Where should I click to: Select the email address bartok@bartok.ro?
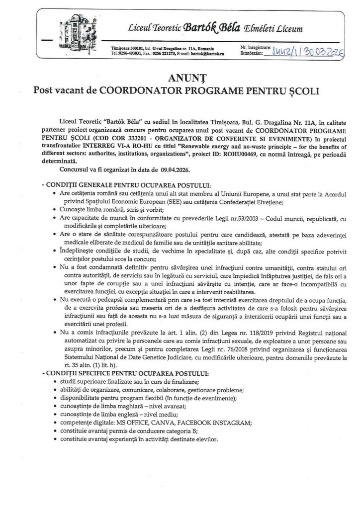(208, 52)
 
